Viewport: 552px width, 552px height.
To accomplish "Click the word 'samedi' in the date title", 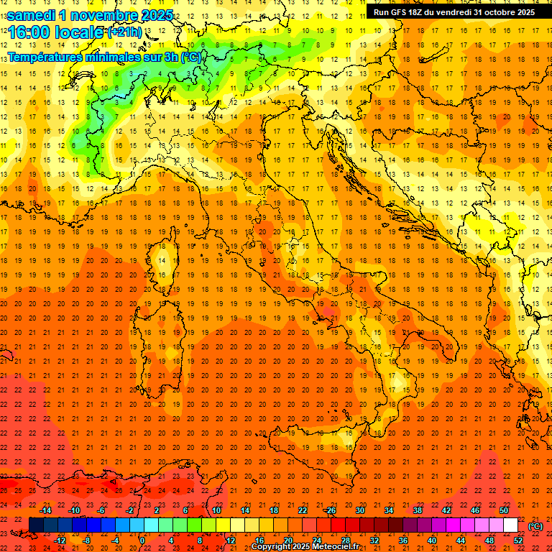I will pyautogui.click(x=31, y=15).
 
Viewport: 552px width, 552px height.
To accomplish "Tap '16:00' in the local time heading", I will pyautogui.click(x=29, y=32).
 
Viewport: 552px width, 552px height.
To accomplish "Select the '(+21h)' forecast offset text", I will pyautogui.click(x=125, y=32).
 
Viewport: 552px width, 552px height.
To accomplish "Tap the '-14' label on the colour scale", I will pyautogui.click(x=46, y=510).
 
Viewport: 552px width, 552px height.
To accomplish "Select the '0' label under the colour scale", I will pyautogui.click(x=142, y=540).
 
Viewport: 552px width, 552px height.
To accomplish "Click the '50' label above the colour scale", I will pyautogui.click(x=504, y=510).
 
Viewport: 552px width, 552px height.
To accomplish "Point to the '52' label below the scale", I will pyautogui.click(x=518, y=540).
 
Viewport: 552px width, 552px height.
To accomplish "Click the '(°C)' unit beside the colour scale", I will pyautogui.click(x=535, y=526).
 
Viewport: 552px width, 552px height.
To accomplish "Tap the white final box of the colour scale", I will pyautogui.click(x=510, y=525).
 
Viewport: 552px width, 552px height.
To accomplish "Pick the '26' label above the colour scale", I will pyautogui.click(x=331, y=510).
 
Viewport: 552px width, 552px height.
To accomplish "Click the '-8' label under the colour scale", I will pyautogui.click(x=86, y=540).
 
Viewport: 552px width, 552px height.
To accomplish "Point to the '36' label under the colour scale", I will pyautogui.click(x=403, y=540).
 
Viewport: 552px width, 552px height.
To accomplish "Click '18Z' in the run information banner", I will pyautogui.click(x=423, y=12).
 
